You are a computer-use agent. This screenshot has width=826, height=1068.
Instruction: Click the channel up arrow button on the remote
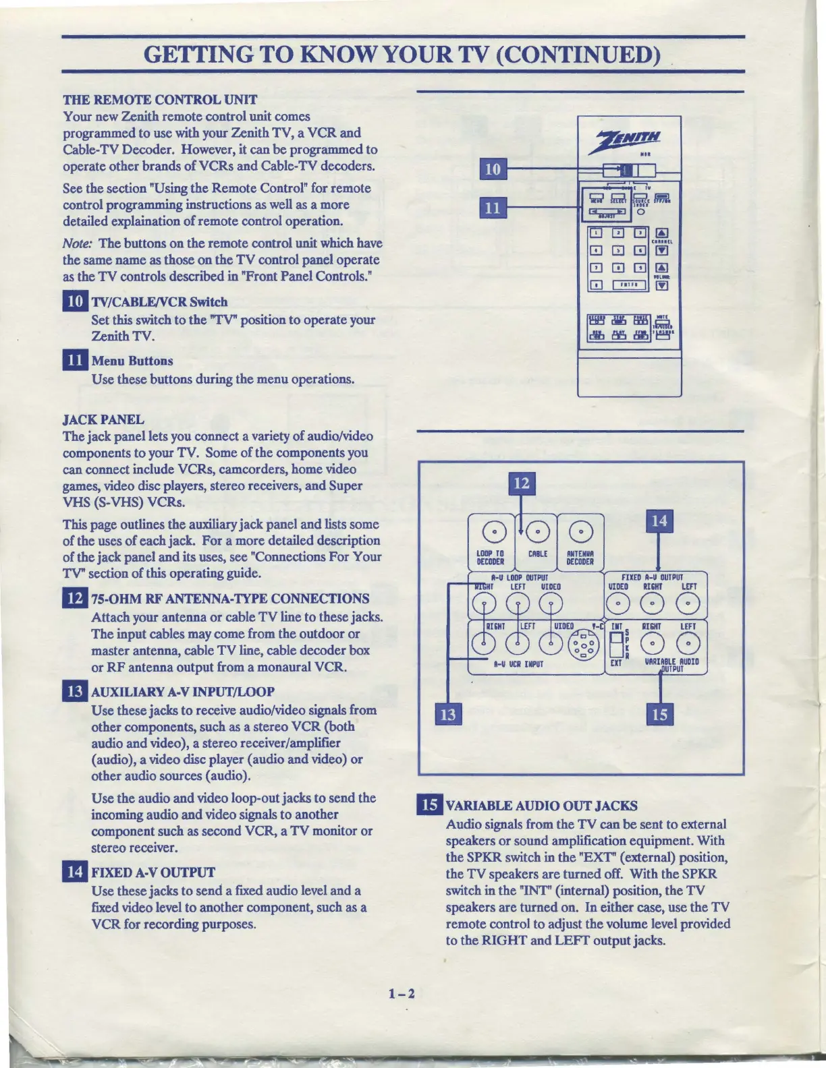[x=662, y=234]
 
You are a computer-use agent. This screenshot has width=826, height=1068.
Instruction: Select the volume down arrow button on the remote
[x=662, y=285]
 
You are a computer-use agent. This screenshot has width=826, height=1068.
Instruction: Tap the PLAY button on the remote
[x=618, y=335]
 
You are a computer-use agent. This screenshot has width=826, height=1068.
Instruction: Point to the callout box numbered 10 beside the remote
[x=493, y=169]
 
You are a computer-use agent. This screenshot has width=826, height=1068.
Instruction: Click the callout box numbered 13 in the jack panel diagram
[x=448, y=714]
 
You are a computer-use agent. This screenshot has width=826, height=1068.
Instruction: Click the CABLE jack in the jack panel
[x=538, y=533]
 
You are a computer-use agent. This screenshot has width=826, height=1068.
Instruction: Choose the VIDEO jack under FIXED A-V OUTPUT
[x=619, y=604]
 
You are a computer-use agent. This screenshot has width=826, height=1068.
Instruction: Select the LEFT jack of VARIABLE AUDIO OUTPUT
[x=688, y=645]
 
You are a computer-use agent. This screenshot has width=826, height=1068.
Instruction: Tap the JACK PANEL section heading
[x=103, y=419]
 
